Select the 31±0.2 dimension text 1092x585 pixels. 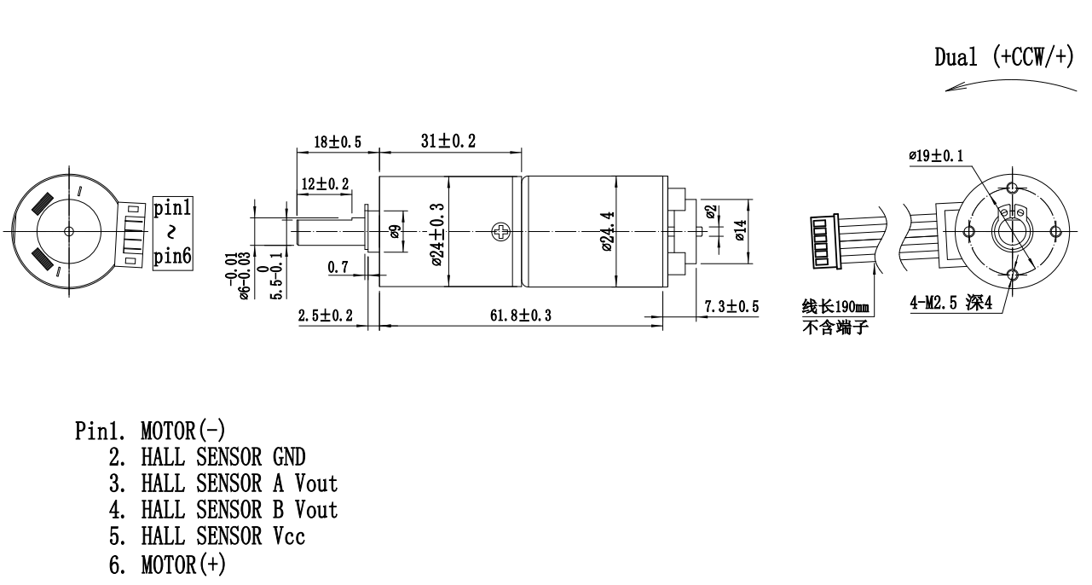[449, 142]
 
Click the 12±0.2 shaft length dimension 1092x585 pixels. [325, 184]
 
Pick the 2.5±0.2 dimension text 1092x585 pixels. [325, 316]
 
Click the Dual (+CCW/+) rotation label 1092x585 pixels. [1004, 57]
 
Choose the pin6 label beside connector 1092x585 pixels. [173, 256]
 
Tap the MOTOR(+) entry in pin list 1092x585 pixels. [183, 564]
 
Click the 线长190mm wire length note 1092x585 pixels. [835, 306]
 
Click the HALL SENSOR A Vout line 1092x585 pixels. [239, 484]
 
